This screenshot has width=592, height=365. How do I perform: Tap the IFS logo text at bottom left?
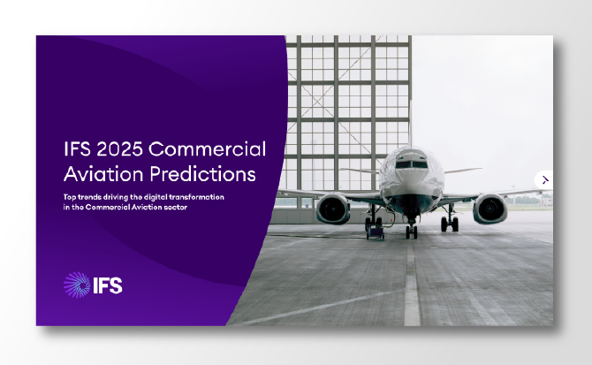pyautogui.click(x=107, y=285)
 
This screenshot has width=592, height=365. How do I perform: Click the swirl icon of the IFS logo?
pyautogui.click(x=77, y=285)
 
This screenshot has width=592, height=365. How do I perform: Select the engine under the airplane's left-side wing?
pyautogui.click(x=334, y=209)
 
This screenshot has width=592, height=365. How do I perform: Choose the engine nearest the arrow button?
pyautogui.click(x=490, y=209)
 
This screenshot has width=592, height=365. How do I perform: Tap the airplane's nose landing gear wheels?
pyautogui.click(x=411, y=232)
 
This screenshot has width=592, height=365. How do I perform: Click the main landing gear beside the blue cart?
pyautogui.click(x=372, y=222)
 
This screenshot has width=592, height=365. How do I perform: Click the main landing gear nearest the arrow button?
pyautogui.click(x=450, y=224)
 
